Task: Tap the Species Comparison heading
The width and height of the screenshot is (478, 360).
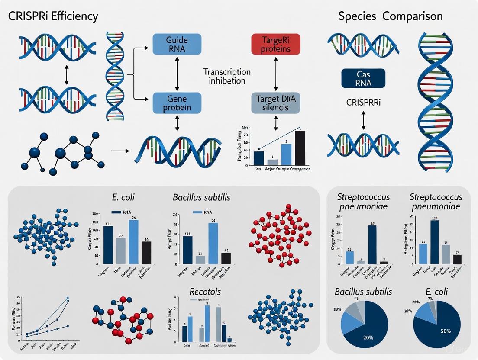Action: pyautogui.click(x=391, y=17)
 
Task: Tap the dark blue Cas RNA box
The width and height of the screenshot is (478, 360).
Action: pyautogui.click(x=363, y=78)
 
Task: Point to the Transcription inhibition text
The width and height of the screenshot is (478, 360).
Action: pyautogui.click(x=227, y=76)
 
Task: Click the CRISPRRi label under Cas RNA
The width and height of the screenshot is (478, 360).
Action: pyautogui.click(x=363, y=103)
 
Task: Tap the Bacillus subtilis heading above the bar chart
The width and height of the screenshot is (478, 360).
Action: pyautogui.click(x=201, y=198)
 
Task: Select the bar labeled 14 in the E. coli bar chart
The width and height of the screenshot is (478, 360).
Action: pyautogui.click(x=147, y=252)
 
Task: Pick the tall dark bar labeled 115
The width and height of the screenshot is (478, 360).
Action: pyautogui.click(x=435, y=242)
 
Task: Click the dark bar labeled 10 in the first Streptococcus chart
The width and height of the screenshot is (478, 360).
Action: pyautogui.click(x=372, y=244)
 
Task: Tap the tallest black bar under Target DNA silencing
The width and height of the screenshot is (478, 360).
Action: pyautogui.click(x=300, y=148)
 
